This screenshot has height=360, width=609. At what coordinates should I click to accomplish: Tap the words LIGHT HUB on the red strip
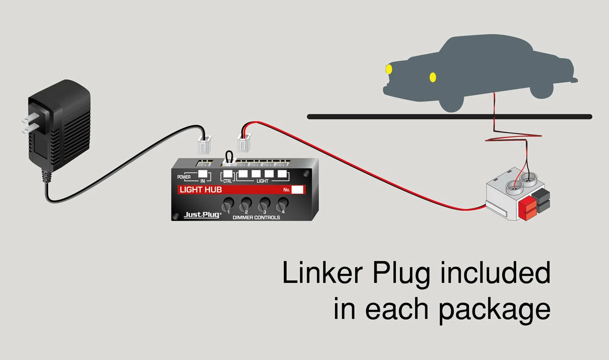201,190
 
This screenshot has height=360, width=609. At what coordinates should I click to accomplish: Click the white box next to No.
298,190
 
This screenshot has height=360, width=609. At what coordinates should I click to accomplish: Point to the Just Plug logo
202,215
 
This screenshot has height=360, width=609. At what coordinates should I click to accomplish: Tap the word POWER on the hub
184,177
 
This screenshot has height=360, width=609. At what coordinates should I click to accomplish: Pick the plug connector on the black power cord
204,147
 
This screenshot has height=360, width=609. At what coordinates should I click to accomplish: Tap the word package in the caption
494,309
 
